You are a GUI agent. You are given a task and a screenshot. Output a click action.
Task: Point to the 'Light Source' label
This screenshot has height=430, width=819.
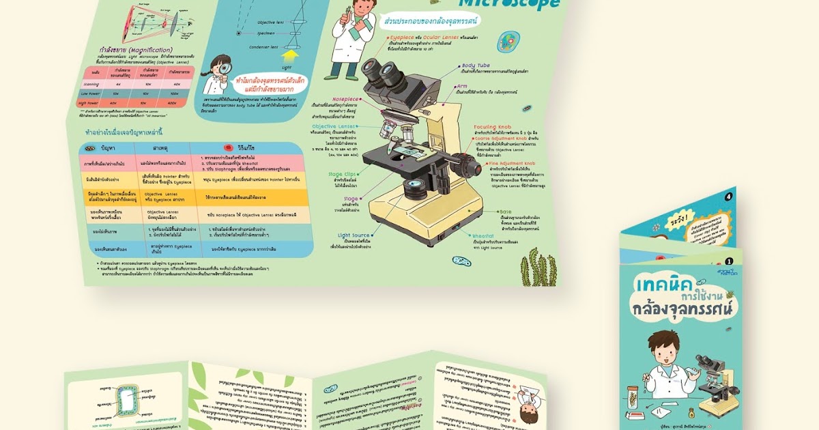pyautogui.click(x=355, y=235)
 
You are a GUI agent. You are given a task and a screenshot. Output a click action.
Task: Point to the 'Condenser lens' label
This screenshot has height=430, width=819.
pyautogui.click(x=263, y=47)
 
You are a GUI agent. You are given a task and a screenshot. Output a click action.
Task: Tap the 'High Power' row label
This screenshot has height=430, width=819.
pyautogui.click(x=90, y=103)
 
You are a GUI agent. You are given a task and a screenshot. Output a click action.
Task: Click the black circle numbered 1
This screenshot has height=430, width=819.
pyautogui.click(x=729, y=261)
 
